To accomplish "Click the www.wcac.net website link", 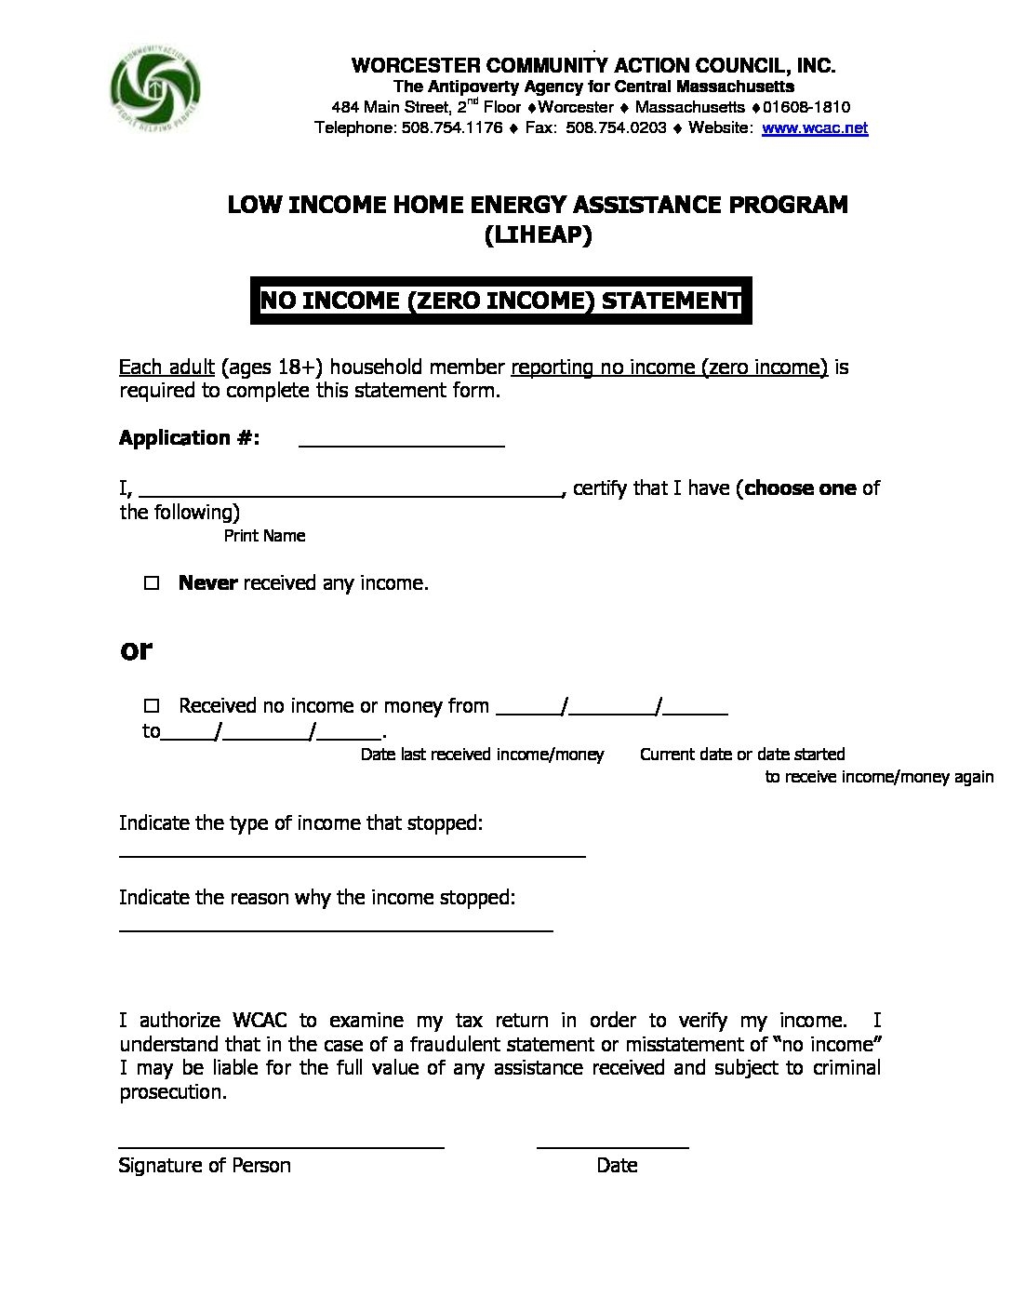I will tap(815, 128).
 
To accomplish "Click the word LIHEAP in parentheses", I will tap(538, 236).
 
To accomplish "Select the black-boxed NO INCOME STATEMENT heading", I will tap(500, 301).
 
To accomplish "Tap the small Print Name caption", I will tap(264, 536).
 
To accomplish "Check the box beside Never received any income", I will tap(153, 584).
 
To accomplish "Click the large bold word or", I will tap(136, 650).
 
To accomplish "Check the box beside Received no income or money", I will tap(153, 706).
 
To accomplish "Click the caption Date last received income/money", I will tap(482, 755).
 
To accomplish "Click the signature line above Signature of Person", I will tap(281, 1143).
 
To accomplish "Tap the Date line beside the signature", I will tap(613, 1143).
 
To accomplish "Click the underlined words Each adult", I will tap(166, 368).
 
